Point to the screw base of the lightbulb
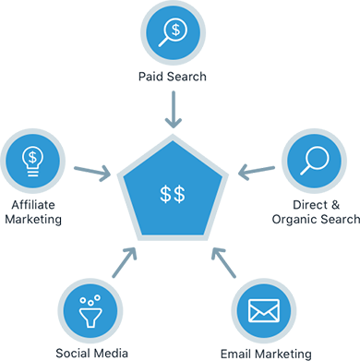click(31, 173)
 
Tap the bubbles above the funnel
click(90, 296)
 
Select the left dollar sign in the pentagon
click(166, 194)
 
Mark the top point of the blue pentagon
click(174, 146)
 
